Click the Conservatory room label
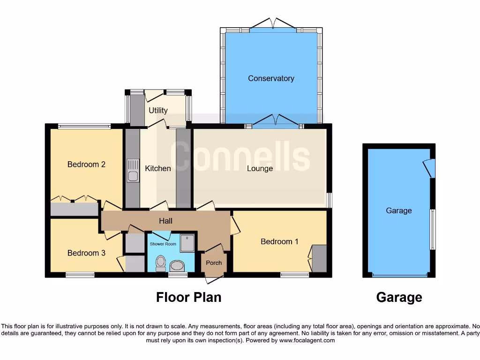271,78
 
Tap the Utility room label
158,111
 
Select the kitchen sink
133,171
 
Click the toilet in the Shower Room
161,263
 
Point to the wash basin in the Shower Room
178,266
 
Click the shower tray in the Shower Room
187,243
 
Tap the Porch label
214,262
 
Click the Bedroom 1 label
279,241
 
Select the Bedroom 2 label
86,164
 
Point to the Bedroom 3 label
86,253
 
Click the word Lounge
260,168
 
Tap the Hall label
165,221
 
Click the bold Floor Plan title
188,297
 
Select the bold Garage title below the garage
399,297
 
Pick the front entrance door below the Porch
214,279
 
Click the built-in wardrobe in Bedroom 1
319,258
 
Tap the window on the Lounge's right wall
329,200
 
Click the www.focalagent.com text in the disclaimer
307,340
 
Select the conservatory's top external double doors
273,23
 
